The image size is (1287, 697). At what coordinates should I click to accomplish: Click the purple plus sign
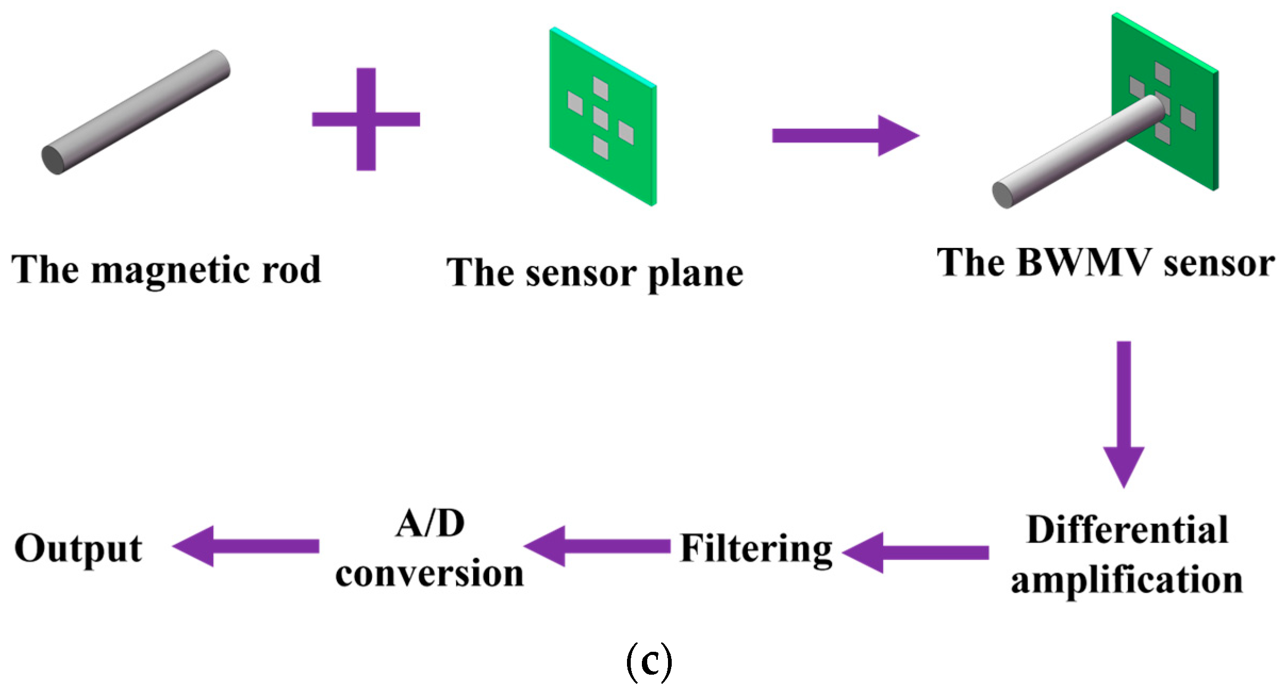click(x=366, y=119)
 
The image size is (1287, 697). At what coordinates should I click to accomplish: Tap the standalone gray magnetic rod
click(x=136, y=112)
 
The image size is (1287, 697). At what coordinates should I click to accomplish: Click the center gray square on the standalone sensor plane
click(x=601, y=118)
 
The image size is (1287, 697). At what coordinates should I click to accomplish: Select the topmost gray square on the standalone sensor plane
click(x=600, y=88)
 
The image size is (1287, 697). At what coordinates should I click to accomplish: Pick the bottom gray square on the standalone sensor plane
click(x=601, y=147)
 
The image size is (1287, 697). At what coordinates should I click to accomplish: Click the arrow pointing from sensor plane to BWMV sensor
click(x=845, y=135)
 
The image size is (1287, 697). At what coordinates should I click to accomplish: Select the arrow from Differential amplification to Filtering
click(x=915, y=552)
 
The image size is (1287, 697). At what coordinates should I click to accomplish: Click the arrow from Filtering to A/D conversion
click(x=597, y=546)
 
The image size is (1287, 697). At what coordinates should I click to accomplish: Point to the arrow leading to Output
click(x=246, y=546)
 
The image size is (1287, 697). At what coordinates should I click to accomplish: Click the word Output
click(x=78, y=549)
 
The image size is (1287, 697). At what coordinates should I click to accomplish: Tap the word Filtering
click(x=756, y=549)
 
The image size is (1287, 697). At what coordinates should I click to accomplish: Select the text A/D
click(x=430, y=524)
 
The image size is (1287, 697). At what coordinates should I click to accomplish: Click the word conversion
click(x=430, y=574)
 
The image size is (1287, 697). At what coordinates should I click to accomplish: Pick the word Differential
click(x=1127, y=530)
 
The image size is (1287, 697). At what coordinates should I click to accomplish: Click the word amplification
click(x=1127, y=580)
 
